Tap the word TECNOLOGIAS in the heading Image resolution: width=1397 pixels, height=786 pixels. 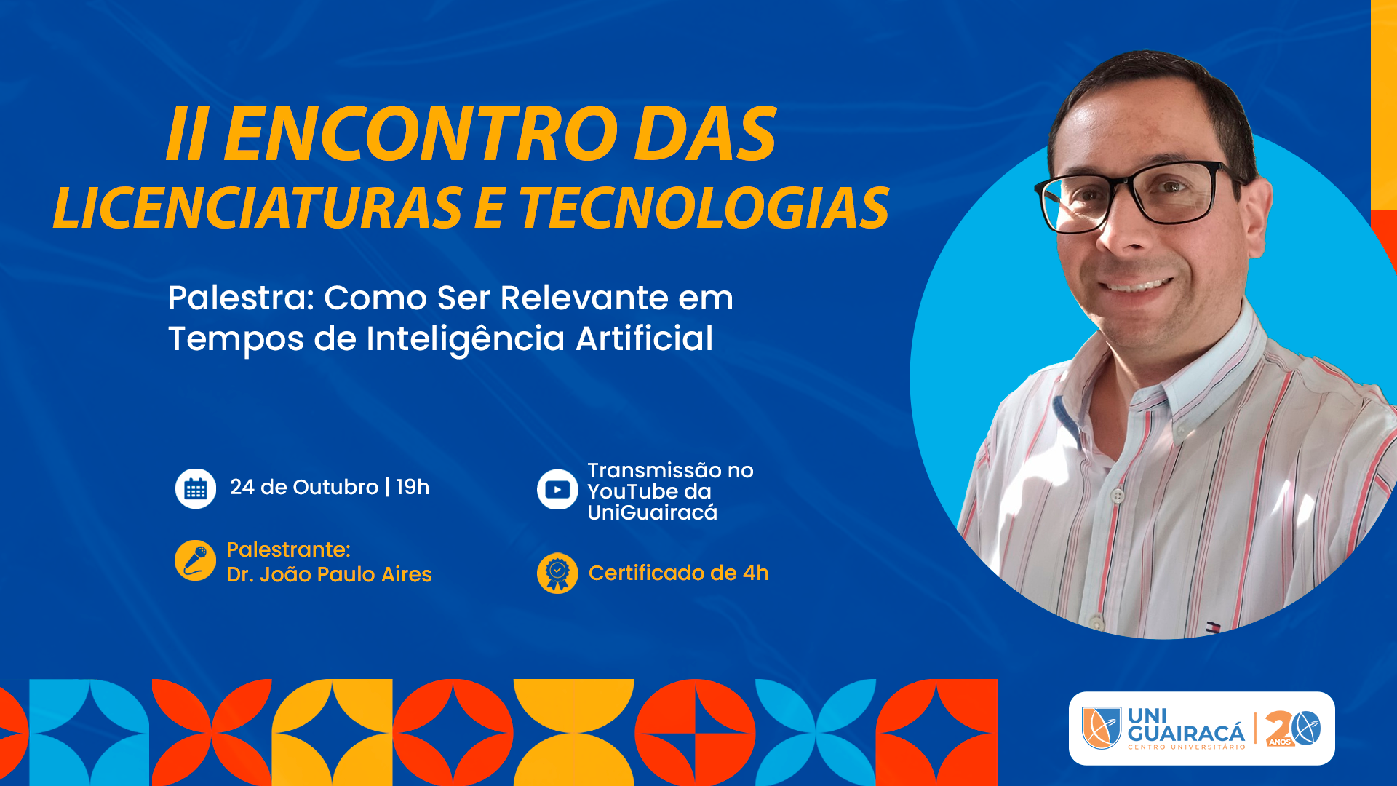pos(704,208)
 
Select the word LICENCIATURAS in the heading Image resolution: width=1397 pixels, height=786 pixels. pos(258,208)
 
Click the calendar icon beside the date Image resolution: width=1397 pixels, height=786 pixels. pos(195,488)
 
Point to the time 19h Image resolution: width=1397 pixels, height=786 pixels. pos(413,487)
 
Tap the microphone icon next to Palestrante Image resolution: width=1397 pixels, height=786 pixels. pos(195,560)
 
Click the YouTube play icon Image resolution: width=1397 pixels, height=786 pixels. pos(557,489)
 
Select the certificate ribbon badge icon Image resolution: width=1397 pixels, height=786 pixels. pos(557,573)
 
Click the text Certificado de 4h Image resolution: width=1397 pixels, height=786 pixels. pos(678,573)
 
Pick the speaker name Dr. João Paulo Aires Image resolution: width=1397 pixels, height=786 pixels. pos(329,575)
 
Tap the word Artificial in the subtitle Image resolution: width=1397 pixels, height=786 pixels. pos(645,338)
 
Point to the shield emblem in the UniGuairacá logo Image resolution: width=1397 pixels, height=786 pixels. pos(1102,728)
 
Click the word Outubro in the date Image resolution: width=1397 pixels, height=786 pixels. pos(335,487)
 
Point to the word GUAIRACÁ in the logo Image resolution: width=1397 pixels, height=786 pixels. pos(1186,733)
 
